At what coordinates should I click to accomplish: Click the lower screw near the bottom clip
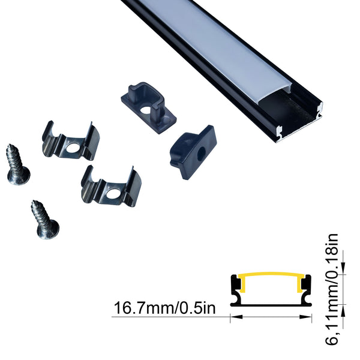(x=45, y=220)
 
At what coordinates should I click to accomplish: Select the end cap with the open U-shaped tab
(x=149, y=107)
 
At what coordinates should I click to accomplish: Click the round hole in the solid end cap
(x=202, y=152)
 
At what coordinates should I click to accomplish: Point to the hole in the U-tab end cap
(x=146, y=110)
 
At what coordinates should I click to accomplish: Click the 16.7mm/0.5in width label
(x=164, y=308)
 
